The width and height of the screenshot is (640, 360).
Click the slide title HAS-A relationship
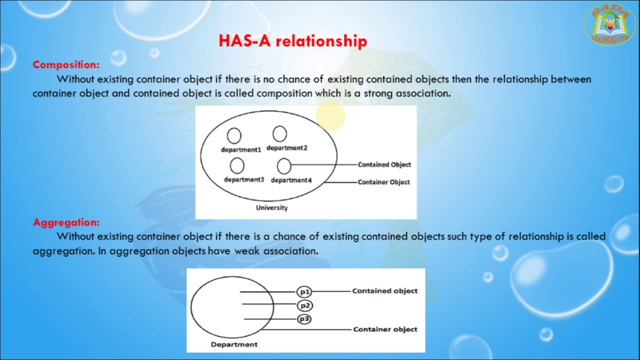(x=293, y=41)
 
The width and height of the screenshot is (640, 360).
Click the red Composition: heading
(x=66, y=64)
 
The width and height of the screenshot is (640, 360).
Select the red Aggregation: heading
(x=66, y=222)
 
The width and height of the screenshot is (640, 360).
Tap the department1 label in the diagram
(x=241, y=149)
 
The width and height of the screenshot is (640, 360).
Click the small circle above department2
(x=279, y=134)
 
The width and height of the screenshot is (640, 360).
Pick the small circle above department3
(x=237, y=165)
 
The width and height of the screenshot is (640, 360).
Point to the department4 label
(x=291, y=180)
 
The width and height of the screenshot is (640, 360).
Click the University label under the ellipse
(x=271, y=207)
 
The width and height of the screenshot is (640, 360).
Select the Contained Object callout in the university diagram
(x=384, y=164)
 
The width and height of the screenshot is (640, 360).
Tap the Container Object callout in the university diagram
(x=383, y=182)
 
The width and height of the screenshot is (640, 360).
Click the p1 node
(x=304, y=291)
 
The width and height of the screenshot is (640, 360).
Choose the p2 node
(x=304, y=305)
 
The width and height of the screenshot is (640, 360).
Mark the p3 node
(x=304, y=319)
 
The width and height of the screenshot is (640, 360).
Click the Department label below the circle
(x=234, y=344)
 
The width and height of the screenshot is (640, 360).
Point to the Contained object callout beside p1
(x=384, y=290)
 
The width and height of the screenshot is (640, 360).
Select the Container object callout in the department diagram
(x=385, y=329)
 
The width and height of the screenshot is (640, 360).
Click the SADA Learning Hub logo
(x=609, y=24)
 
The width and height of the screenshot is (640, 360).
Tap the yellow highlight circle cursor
(x=330, y=116)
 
